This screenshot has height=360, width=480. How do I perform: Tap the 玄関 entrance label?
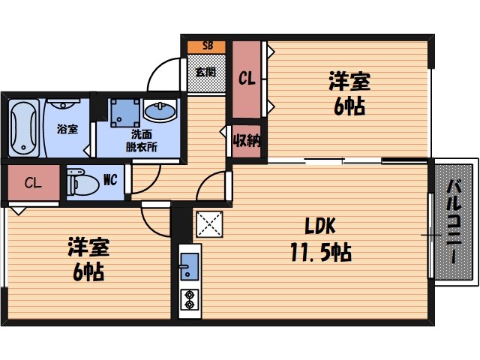205,73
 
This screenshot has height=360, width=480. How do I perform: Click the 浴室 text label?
67,129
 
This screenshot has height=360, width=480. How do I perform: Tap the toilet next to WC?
80,181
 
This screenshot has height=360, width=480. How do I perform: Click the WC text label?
109,180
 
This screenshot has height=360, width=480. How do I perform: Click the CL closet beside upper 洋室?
246,78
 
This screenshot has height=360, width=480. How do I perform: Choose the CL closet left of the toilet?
31,182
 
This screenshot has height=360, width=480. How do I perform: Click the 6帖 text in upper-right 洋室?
349,106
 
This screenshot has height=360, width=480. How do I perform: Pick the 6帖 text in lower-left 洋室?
88,271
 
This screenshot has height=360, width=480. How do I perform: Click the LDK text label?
319,226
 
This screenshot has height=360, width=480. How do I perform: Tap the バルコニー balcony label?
454,221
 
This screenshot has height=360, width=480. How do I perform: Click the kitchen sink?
189,266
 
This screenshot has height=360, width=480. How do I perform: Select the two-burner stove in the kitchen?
189,299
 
